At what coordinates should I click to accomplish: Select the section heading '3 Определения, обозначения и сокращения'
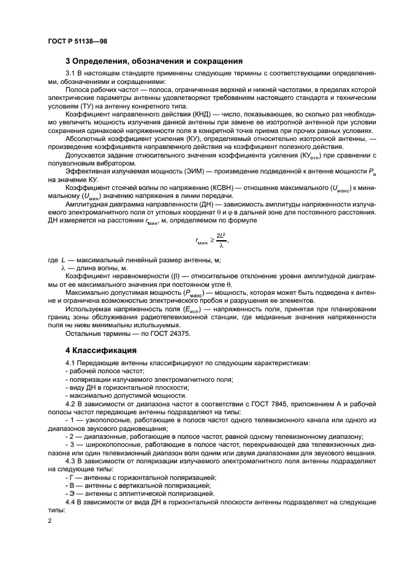coord(154,61)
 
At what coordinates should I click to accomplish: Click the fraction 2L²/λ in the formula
coord(221,240)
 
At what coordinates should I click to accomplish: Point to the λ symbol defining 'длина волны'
coord(62,268)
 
